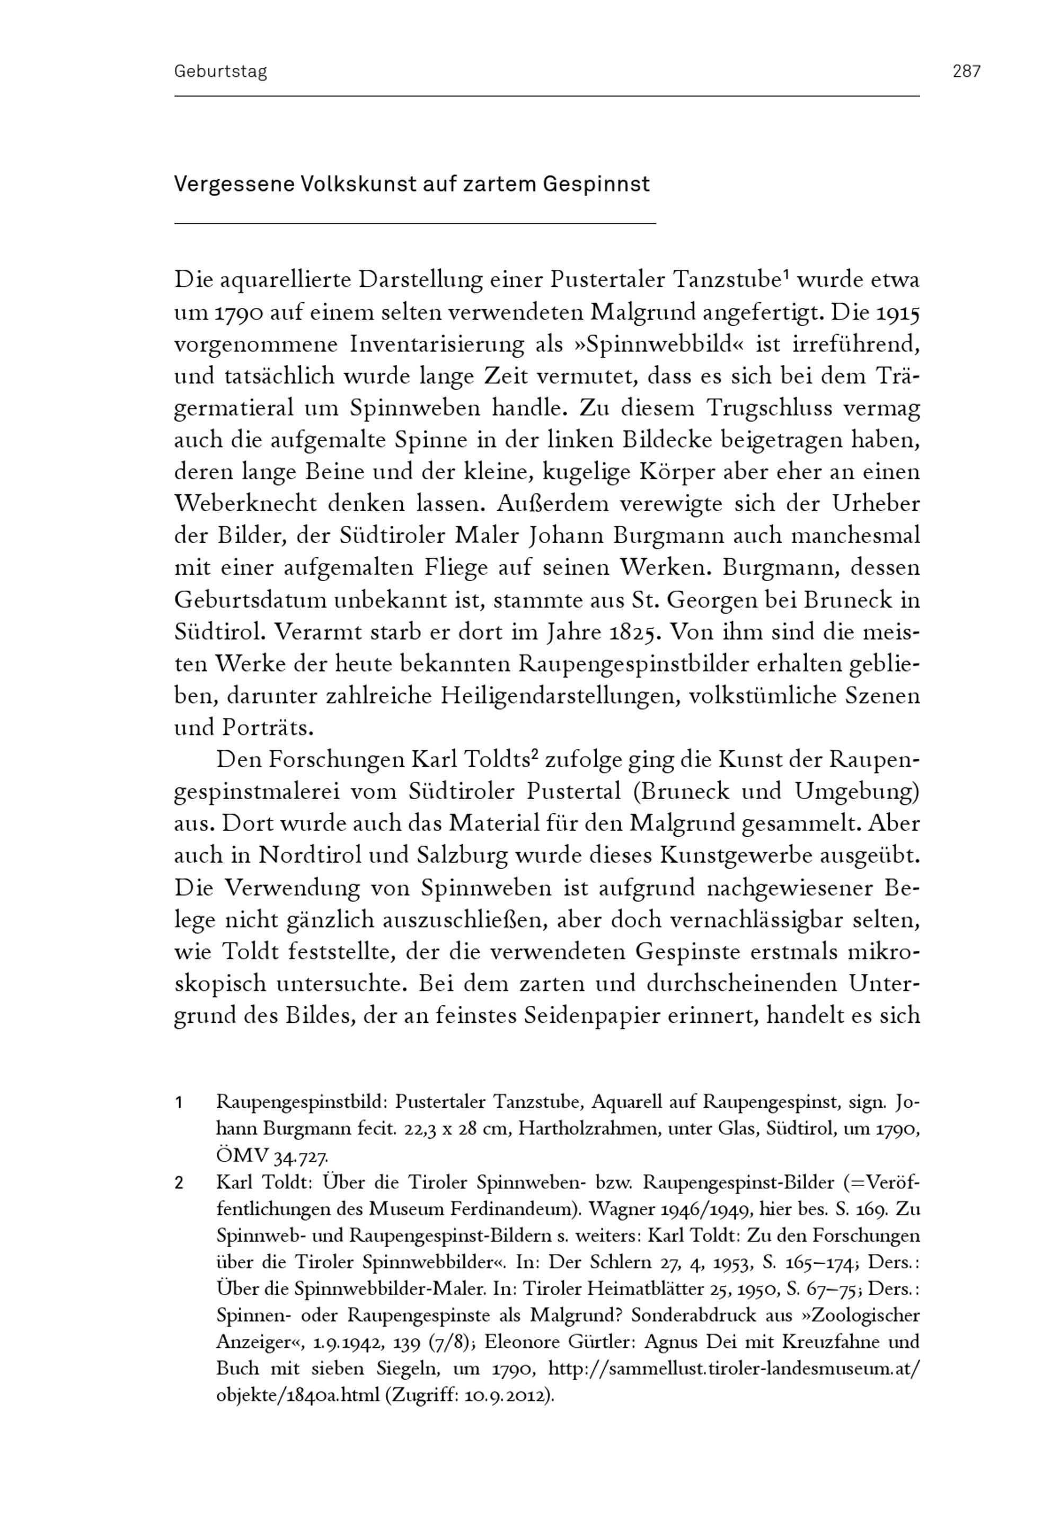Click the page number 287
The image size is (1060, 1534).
pos(966,71)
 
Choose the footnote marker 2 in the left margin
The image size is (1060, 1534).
pos(179,1183)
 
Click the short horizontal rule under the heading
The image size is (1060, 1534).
pos(414,224)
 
